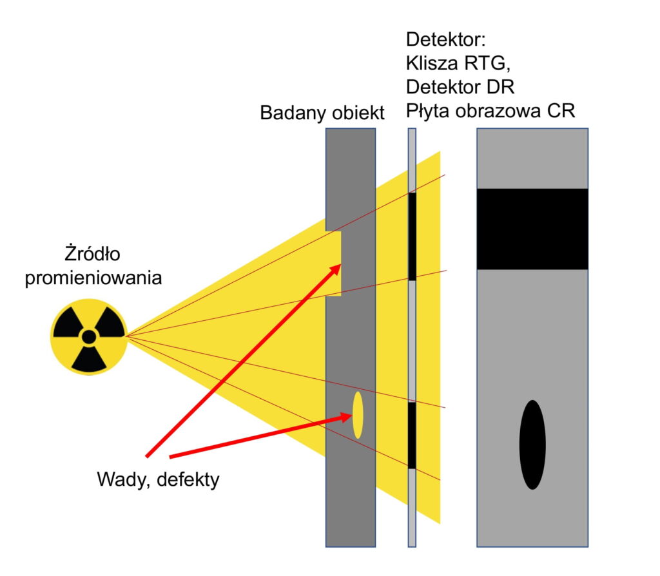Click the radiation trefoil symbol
88,337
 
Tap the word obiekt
358,113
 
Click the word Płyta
428,112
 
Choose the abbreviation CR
560,112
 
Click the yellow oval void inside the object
357,415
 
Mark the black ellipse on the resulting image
532,445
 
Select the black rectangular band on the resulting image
532,229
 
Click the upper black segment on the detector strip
412,236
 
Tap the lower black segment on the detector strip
412,436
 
